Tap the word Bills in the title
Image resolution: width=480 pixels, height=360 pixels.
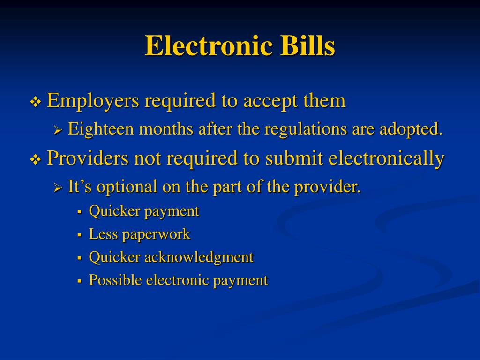click(x=308, y=46)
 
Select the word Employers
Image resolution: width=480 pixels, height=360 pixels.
click(x=93, y=100)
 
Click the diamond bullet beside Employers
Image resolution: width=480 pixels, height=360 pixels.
click(x=36, y=102)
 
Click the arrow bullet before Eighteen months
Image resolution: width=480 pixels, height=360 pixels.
click(x=58, y=130)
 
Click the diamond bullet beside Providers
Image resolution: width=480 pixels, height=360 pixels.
click(x=36, y=160)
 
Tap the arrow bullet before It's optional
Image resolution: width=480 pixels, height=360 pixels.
click(x=58, y=188)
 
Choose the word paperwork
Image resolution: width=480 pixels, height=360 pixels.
click(x=156, y=234)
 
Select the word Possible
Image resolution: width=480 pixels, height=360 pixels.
click(x=115, y=280)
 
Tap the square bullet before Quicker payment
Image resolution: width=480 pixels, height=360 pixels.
click(x=80, y=211)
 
